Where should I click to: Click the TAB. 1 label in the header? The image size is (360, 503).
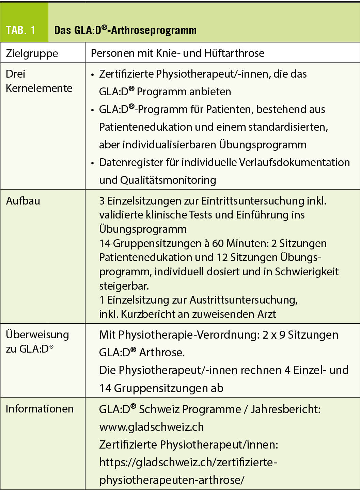click(x=20, y=30)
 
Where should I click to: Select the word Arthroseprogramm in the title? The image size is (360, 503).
click(x=154, y=30)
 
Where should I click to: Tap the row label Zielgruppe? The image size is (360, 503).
click(x=32, y=53)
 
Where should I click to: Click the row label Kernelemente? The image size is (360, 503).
click(x=39, y=88)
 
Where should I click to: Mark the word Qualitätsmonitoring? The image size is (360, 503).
click(x=168, y=180)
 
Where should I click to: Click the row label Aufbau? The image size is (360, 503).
click(x=23, y=201)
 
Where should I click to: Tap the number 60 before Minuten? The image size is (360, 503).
click(x=218, y=243)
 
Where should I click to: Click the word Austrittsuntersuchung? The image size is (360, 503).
click(x=243, y=300)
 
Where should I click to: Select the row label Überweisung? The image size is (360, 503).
click(x=37, y=335)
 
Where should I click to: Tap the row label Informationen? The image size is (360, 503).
click(x=40, y=409)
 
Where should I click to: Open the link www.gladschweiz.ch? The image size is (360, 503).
click(x=152, y=427)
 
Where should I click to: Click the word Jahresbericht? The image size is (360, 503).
click(x=285, y=409)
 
